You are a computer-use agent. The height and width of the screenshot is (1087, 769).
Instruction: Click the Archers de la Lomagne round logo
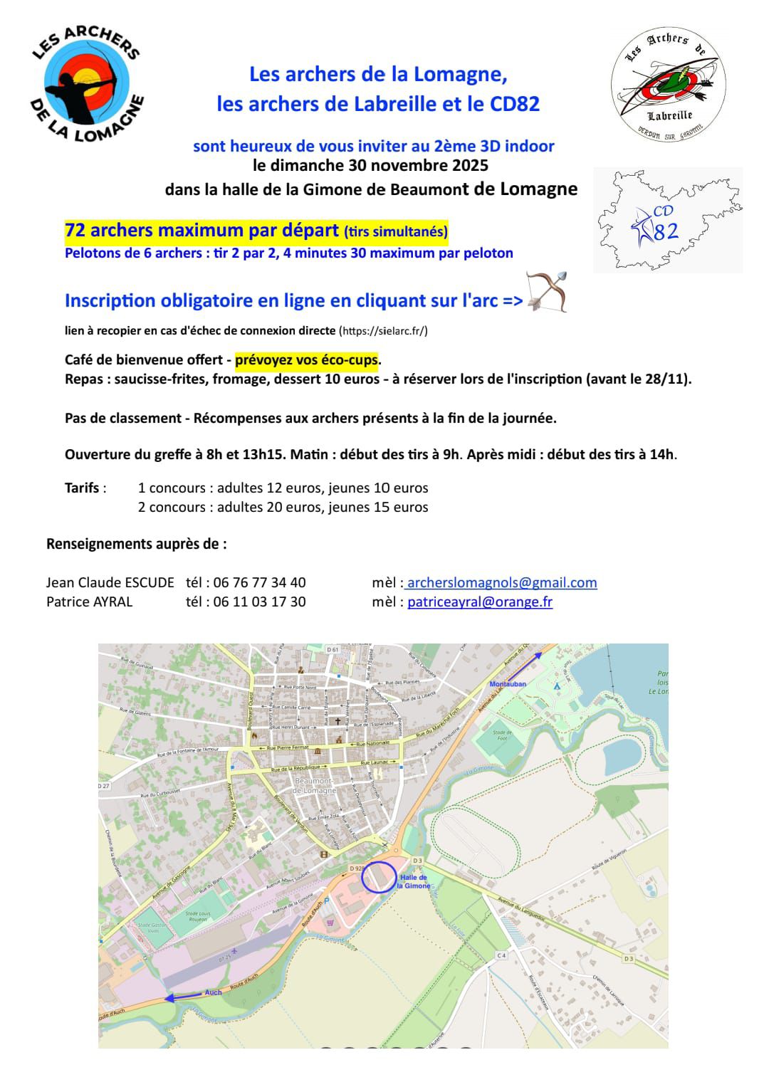coord(88,84)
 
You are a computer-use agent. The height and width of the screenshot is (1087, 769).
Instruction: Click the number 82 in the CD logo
coord(665,232)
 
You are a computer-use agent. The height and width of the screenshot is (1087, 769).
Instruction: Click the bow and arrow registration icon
coord(546,292)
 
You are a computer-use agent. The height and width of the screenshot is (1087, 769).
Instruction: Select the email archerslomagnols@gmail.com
coord(502,582)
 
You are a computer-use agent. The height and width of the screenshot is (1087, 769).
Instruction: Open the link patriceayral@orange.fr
coord(480,602)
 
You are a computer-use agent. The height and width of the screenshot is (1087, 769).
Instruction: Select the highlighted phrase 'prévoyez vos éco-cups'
coord(307,359)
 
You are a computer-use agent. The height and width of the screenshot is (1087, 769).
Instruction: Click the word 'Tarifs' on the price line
coord(83,488)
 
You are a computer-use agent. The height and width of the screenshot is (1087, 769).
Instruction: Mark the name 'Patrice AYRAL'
coord(89,602)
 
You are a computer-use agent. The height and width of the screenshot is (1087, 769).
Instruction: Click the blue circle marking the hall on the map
coord(379,876)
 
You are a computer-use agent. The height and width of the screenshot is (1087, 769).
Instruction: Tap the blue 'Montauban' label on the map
coord(508,684)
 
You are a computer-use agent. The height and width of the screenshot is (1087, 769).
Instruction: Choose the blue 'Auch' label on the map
coord(213,992)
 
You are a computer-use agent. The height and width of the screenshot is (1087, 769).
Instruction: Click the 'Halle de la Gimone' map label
coord(414,882)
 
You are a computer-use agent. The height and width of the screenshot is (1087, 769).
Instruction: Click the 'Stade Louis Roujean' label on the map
coord(198,916)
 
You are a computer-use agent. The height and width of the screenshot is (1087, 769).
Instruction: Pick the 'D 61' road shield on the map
coord(333,649)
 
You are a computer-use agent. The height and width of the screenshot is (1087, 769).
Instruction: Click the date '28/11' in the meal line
coord(669,379)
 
